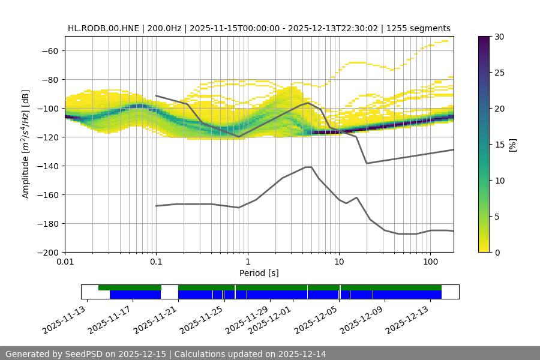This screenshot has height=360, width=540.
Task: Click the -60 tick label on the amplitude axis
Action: tap(49, 50)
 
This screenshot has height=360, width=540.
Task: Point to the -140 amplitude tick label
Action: tap(47, 166)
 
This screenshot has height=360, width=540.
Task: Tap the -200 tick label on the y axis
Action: tap(47, 252)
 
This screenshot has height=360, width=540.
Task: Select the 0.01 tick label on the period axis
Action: tap(65, 262)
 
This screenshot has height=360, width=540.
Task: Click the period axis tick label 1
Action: tap(247, 262)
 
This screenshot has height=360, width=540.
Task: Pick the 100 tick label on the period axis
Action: tap(430, 262)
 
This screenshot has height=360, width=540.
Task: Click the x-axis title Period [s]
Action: tap(259, 273)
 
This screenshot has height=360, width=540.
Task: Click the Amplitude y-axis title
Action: tap(26, 144)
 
